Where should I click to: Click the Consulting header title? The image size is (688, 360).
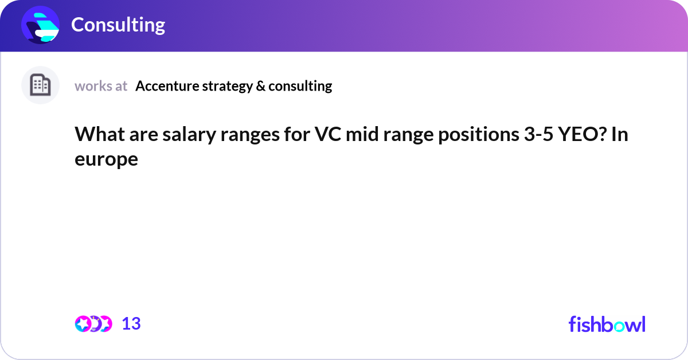tap(118, 25)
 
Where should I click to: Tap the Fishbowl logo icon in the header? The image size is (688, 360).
tap(40, 25)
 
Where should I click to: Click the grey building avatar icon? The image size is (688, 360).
tap(40, 85)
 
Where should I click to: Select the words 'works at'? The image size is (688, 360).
tap(101, 86)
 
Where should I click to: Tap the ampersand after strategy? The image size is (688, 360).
tap(260, 86)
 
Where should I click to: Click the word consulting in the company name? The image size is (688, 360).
tap(300, 86)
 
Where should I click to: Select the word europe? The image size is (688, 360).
tap(106, 159)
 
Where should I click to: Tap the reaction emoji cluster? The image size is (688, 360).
tap(93, 324)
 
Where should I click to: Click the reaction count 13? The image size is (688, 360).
tap(131, 324)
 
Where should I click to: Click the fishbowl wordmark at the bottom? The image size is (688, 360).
tap(607, 324)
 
